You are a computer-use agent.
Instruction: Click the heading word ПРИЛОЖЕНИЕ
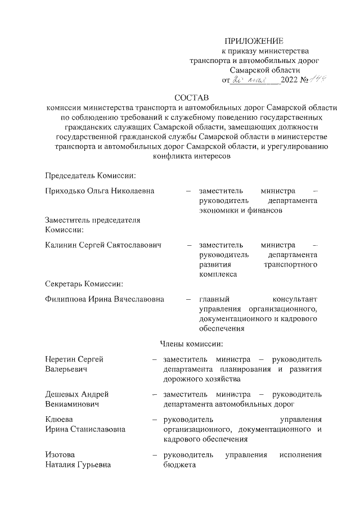tap(254, 41)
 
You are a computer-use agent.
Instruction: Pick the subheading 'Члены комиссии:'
tap(192, 343)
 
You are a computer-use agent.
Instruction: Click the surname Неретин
tap(61, 359)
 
